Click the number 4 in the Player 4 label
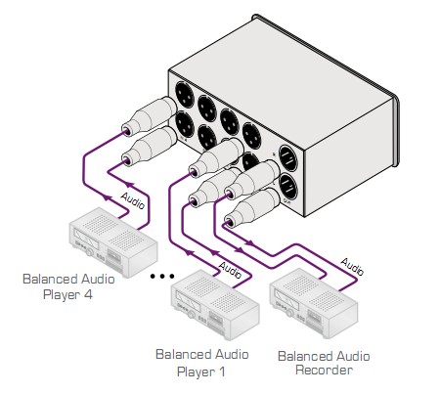(x=88, y=294)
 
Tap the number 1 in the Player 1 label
(x=221, y=371)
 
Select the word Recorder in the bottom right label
(x=324, y=371)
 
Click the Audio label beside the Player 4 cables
(x=133, y=200)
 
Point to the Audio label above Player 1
(x=230, y=270)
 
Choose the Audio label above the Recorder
(x=352, y=267)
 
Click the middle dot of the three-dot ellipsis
(x=162, y=277)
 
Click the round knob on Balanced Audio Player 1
(x=192, y=315)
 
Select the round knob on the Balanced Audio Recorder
(x=289, y=312)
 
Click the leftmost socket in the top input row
(x=185, y=95)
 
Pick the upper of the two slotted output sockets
(x=288, y=158)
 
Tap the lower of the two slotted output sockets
(x=288, y=187)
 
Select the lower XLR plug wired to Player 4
(x=150, y=147)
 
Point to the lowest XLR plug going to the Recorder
(x=252, y=207)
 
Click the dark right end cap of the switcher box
(x=396, y=131)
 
